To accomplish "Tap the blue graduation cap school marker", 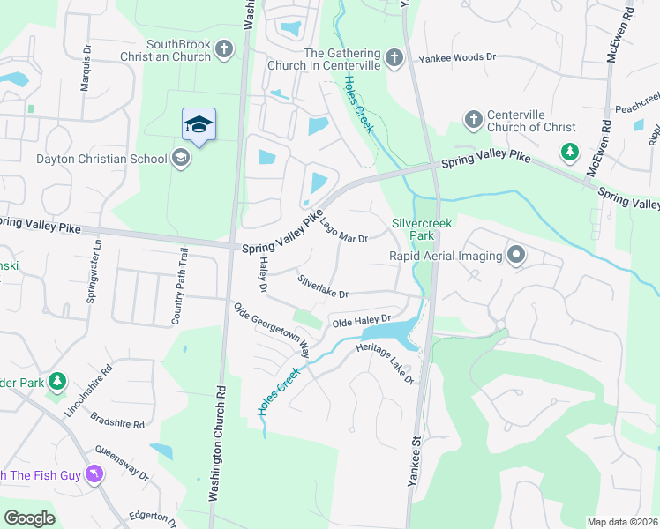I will click(x=199, y=126).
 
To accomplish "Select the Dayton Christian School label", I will click(x=101, y=160).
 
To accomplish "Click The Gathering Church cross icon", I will click(x=394, y=58).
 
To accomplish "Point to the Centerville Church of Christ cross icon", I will click(x=473, y=119).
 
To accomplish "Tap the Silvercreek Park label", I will click(x=422, y=230).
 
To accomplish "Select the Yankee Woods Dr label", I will click(x=459, y=56).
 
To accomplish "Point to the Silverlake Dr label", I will click(x=323, y=286).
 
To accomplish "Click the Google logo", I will click(x=30, y=518).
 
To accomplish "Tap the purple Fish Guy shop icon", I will click(x=93, y=475).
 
